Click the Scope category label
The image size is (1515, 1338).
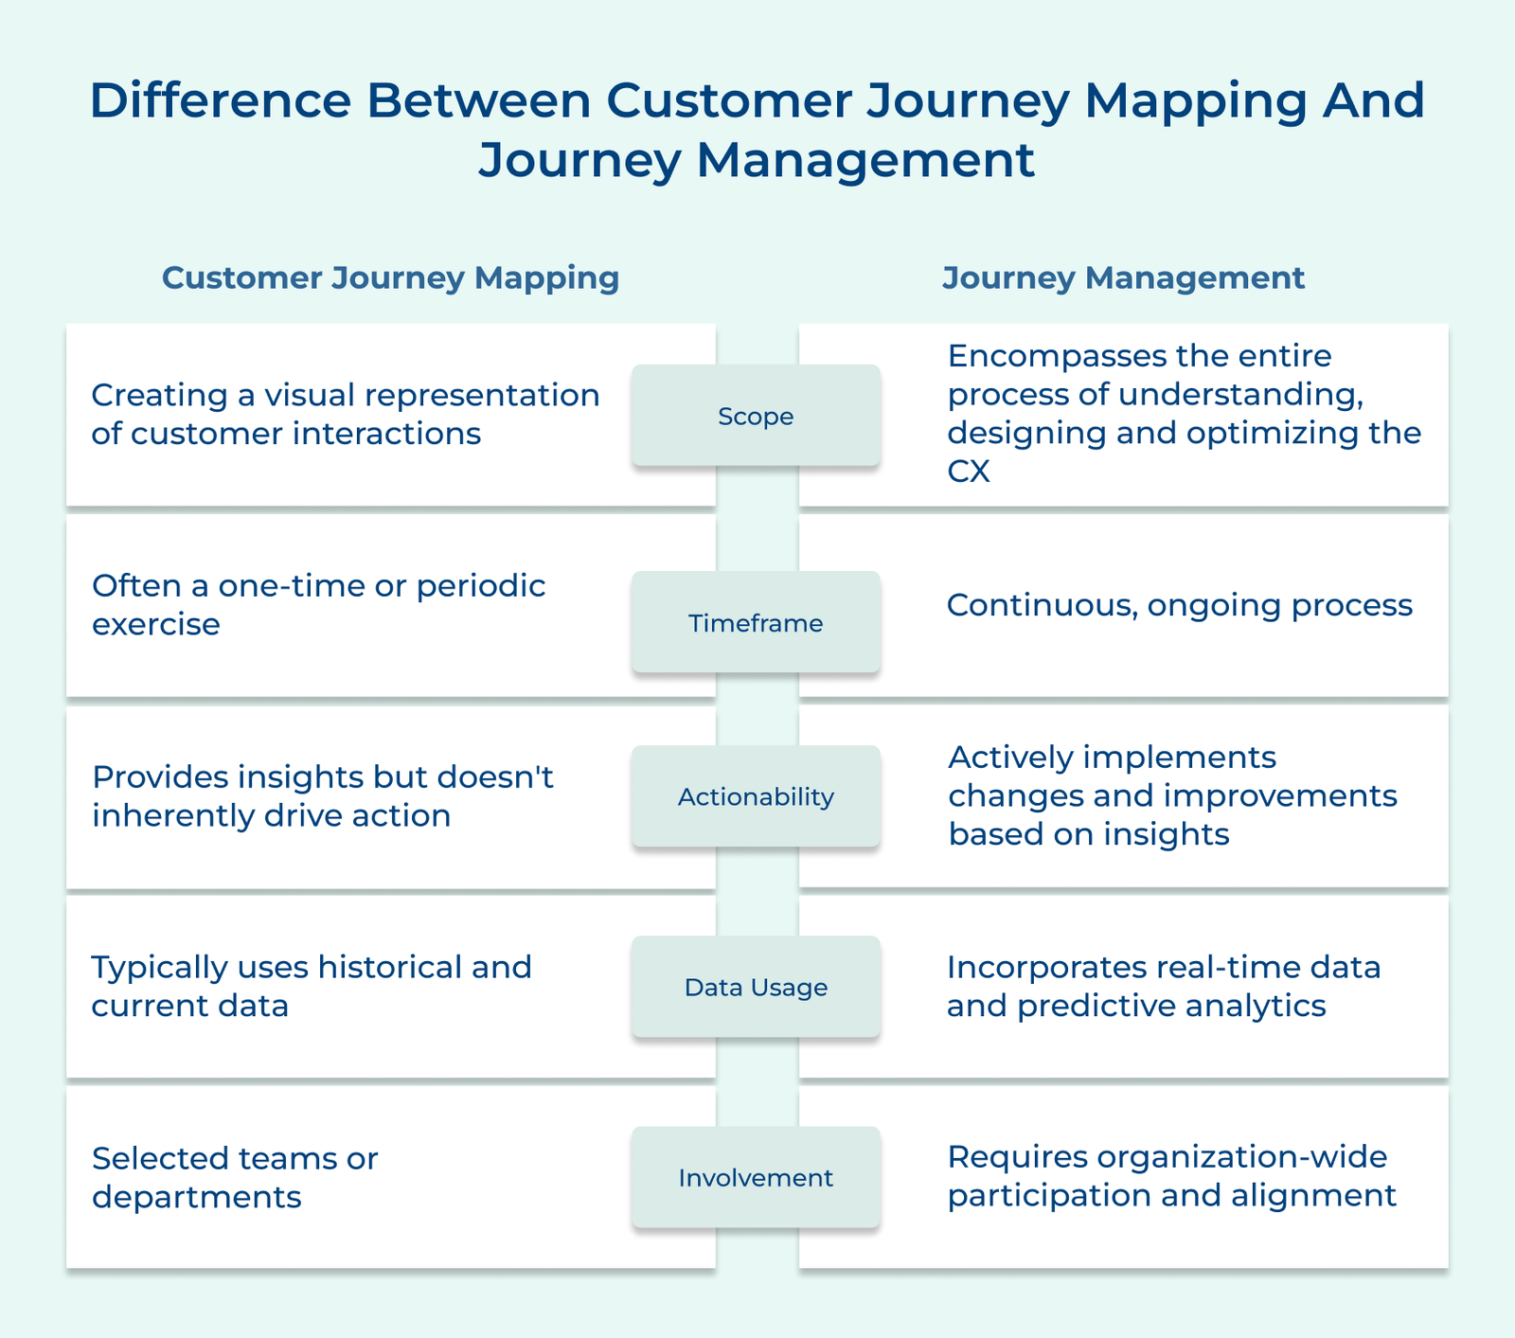click(x=756, y=417)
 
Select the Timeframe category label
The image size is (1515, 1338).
click(x=756, y=623)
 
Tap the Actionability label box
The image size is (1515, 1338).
click(x=756, y=796)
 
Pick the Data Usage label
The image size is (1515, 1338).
click(x=756, y=988)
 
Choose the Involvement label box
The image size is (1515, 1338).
click(x=756, y=1178)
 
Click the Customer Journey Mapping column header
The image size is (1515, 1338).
click(x=390, y=277)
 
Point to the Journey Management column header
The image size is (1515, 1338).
click(x=1123, y=277)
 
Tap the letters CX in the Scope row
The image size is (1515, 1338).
click(x=968, y=471)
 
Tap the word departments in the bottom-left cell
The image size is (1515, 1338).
click(x=196, y=1197)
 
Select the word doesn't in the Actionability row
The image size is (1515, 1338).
click(x=494, y=777)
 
